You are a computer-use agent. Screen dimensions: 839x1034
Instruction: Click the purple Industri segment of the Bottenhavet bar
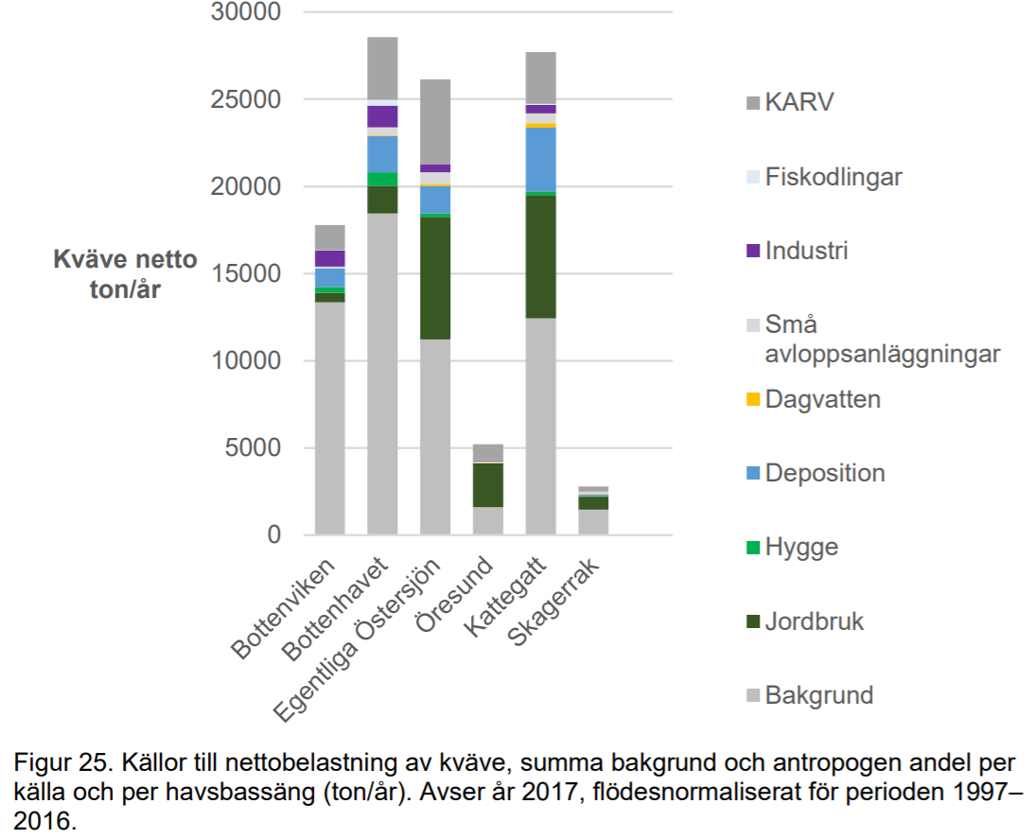click(382, 116)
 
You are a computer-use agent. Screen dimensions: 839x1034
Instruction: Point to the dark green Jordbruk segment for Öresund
click(488, 485)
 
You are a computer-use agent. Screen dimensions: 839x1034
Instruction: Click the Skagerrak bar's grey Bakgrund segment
click(593, 522)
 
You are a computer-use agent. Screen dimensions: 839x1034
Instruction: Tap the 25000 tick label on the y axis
click(247, 100)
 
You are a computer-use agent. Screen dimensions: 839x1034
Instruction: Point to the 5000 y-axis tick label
click(254, 448)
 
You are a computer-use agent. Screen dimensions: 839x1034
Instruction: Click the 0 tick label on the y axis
click(274, 535)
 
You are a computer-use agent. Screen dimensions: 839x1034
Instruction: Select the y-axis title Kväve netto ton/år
click(125, 274)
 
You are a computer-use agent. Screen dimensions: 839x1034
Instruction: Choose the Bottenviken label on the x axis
click(285, 610)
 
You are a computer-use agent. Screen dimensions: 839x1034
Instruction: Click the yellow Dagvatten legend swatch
click(753, 400)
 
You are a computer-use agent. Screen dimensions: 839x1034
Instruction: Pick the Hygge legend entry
click(800, 547)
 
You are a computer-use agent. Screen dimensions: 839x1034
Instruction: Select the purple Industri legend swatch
click(753, 252)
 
